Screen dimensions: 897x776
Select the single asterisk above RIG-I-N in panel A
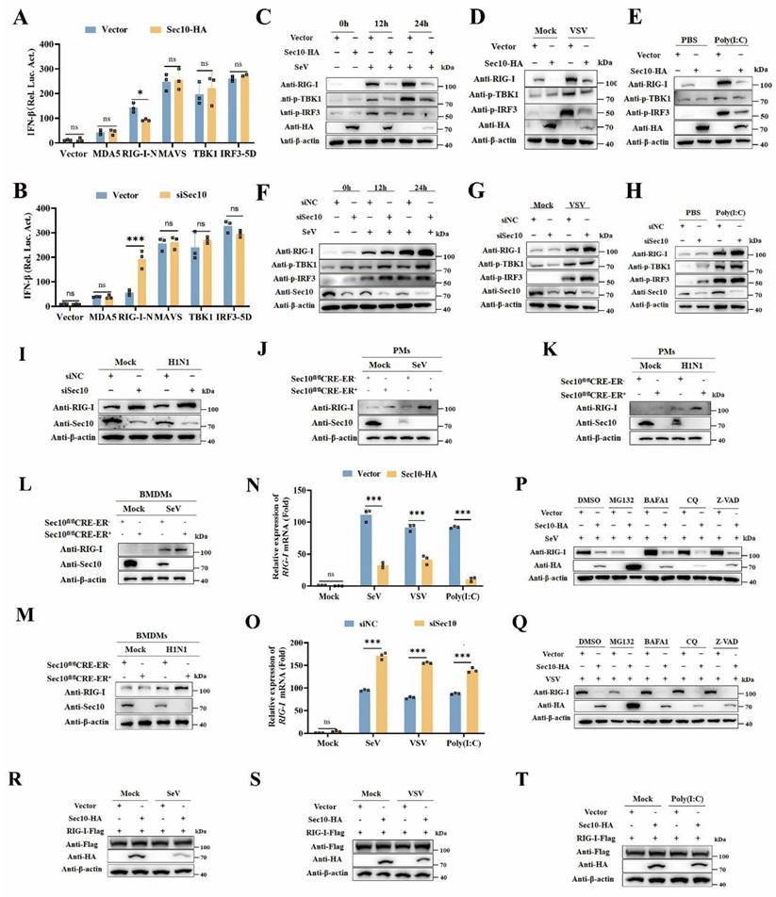click(x=138, y=93)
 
